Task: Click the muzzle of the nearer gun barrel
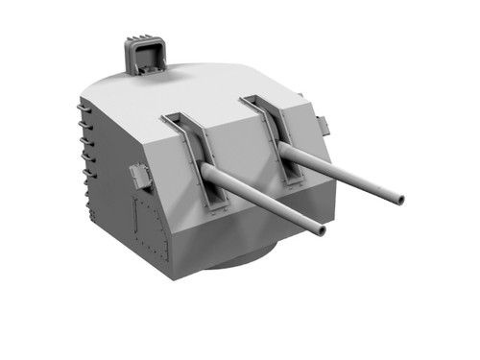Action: pyautogui.click(x=320, y=229)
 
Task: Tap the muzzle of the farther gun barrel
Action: pyautogui.click(x=398, y=200)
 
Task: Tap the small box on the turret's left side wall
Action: pyautogui.click(x=140, y=177)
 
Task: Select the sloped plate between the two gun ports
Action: pyautogui.click(x=235, y=149)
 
